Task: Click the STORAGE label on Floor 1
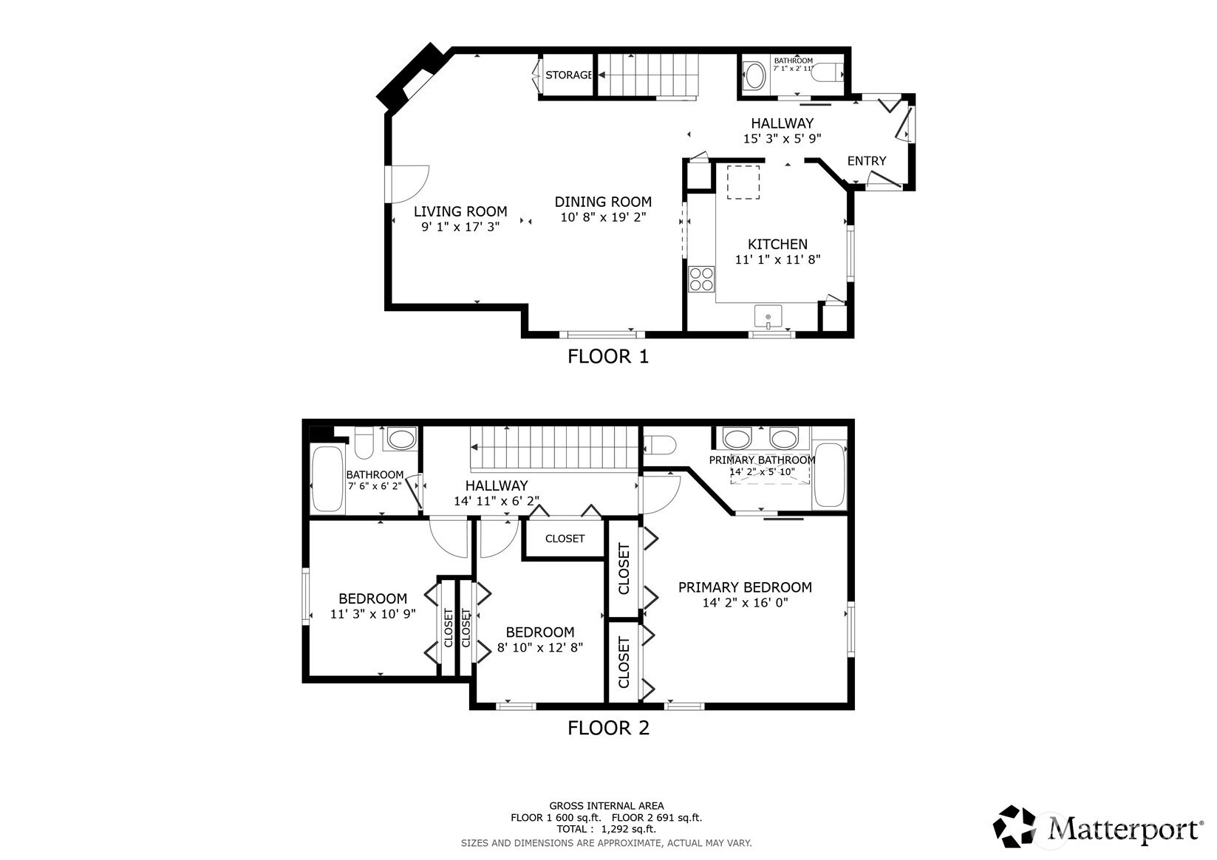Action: click(568, 75)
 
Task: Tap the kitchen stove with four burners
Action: click(701, 279)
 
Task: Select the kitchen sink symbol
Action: click(768, 317)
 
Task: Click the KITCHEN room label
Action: click(777, 245)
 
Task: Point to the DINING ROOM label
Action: click(603, 202)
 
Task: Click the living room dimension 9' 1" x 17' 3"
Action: click(460, 227)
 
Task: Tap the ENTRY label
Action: click(867, 161)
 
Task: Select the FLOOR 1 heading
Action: click(608, 356)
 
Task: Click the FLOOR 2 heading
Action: click(609, 728)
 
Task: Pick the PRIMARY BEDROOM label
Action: click(745, 587)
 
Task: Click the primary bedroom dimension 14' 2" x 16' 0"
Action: click(745, 602)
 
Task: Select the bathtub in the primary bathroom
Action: click(830, 475)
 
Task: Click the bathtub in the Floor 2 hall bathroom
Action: click(327, 479)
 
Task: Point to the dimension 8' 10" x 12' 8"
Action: click(540, 647)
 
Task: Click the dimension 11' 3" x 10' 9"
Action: click(372, 614)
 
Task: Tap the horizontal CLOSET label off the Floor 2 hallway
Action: click(565, 539)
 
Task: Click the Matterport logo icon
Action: click(1014, 827)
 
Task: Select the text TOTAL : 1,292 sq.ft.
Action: click(607, 830)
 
